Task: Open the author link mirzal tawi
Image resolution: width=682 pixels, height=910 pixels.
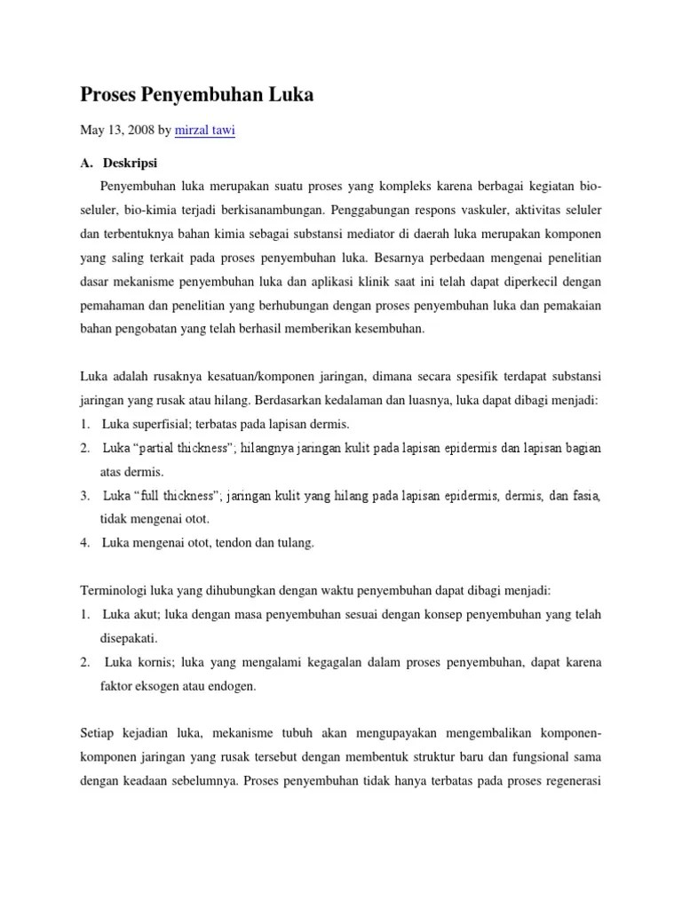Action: [205, 131]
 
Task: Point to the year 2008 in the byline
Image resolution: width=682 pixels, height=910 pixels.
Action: [138, 131]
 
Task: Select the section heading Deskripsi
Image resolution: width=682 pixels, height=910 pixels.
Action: [130, 164]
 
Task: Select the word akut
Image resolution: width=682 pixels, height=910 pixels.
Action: [147, 614]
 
